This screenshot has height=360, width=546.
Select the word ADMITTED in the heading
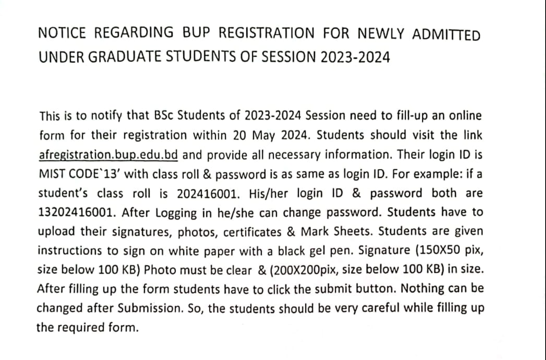tap(446, 35)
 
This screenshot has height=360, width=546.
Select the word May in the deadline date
tap(263, 135)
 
